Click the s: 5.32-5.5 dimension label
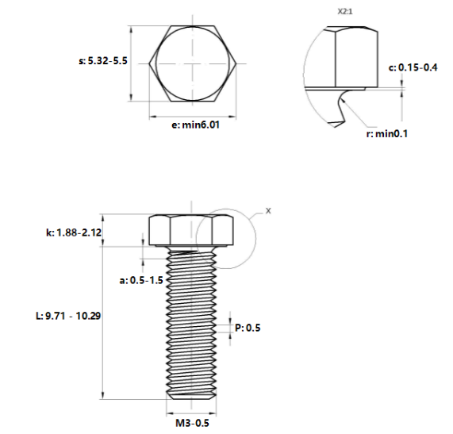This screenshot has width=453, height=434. click(103, 61)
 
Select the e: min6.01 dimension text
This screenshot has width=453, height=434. click(195, 125)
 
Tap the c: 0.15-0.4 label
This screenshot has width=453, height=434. click(413, 67)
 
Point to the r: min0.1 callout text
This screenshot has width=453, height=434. click(387, 134)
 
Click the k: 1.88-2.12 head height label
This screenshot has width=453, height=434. click(74, 232)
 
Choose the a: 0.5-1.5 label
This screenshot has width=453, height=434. click(141, 280)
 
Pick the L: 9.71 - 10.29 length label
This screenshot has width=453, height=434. click(68, 316)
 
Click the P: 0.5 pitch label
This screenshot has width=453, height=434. click(248, 328)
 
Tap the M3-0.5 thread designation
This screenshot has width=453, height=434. click(193, 423)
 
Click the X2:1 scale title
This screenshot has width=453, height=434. click(345, 12)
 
